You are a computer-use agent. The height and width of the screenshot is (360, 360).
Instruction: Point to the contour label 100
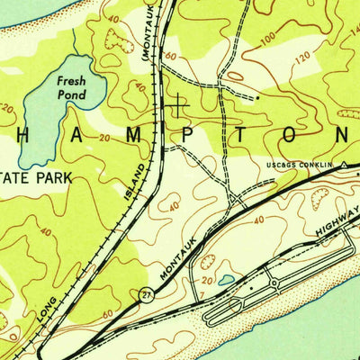click(266, 41)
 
